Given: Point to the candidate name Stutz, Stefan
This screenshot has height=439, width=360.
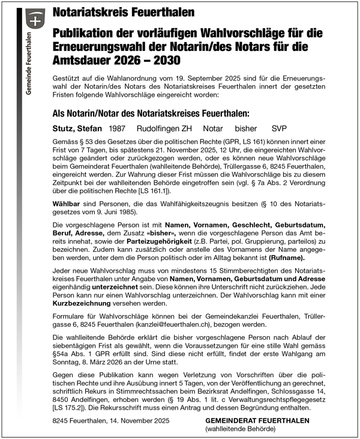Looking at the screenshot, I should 78,129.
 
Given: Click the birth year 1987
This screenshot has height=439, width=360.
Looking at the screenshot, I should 118,129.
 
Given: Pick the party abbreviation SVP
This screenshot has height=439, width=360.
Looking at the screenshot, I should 280,129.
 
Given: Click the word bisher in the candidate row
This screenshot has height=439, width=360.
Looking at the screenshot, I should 246,129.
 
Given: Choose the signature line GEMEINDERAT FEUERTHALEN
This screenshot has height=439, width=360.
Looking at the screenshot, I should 257,421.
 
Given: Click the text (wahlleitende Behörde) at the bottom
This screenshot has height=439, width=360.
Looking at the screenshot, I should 240,429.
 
